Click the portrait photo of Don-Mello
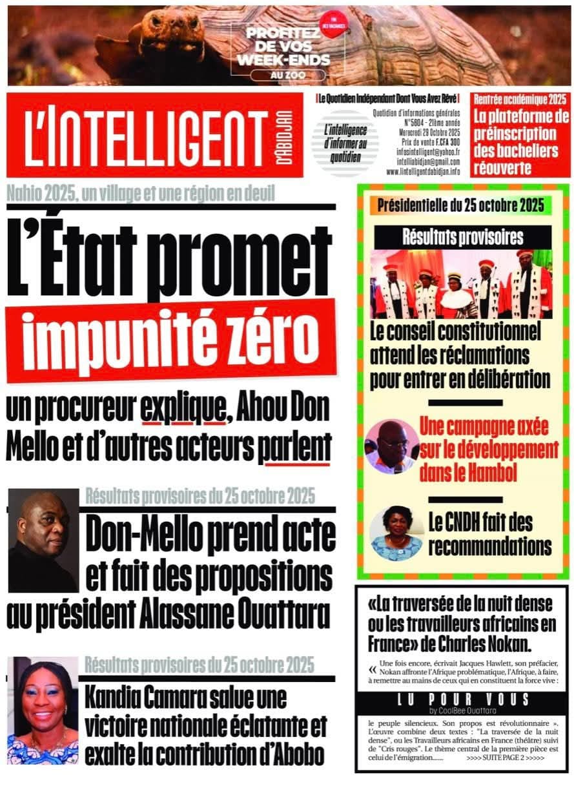point(43,540)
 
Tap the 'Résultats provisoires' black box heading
point(462,237)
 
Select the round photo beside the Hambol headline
point(392,446)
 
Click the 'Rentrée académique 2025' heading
point(520,99)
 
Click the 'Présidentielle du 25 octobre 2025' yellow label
point(462,206)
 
